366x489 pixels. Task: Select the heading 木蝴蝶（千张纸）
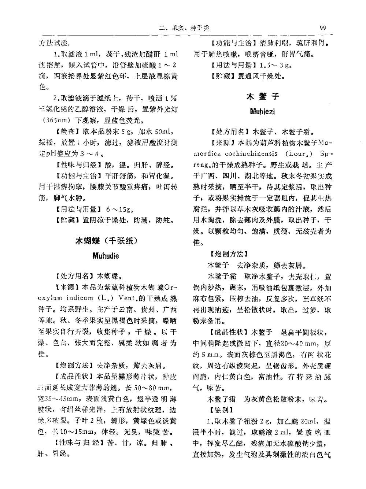point(106,241)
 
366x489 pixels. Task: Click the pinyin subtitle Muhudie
point(106,256)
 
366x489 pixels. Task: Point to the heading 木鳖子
point(263,97)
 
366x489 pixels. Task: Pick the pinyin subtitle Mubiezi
point(262,111)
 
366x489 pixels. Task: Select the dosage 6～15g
point(119,210)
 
